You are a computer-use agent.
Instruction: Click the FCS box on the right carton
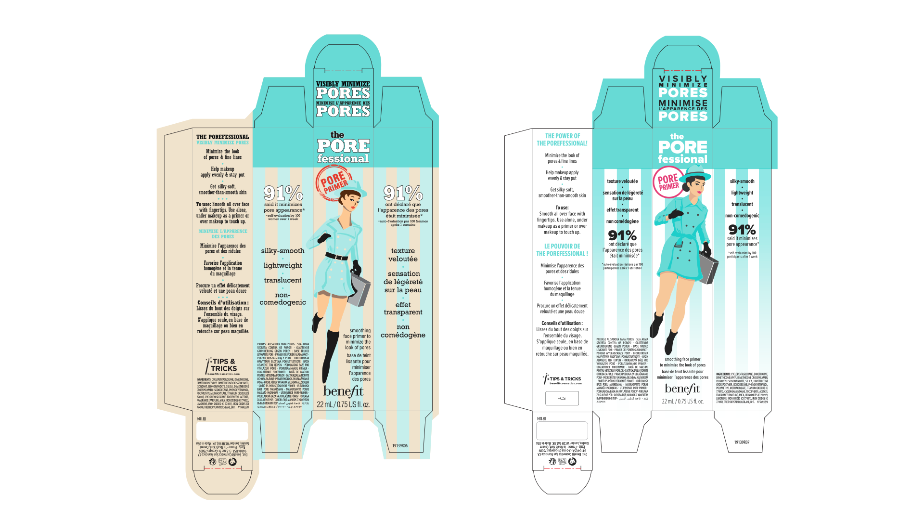click(x=562, y=398)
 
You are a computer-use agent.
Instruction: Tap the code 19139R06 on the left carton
click(x=399, y=446)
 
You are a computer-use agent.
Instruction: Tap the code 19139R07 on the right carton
click(x=742, y=442)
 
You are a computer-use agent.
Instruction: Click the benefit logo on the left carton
click(x=343, y=391)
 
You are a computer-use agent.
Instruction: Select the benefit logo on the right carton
click(x=682, y=388)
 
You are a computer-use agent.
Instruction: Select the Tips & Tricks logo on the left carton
click(x=222, y=366)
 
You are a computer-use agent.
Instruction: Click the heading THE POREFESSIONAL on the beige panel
click(x=222, y=137)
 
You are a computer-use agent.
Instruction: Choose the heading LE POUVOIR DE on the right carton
click(x=562, y=246)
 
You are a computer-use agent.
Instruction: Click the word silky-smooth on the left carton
click(x=282, y=251)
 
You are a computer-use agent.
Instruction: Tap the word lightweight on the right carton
click(x=742, y=193)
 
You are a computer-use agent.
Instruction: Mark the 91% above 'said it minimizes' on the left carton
click(x=283, y=193)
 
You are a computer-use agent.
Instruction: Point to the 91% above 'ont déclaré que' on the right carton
click(x=622, y=235)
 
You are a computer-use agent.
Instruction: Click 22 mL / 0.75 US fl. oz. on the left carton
click(x=343, y=404)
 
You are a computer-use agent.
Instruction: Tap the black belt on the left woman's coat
click(x=337, y=256)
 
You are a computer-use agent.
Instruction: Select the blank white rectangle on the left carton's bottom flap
click(x=222, y=431)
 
